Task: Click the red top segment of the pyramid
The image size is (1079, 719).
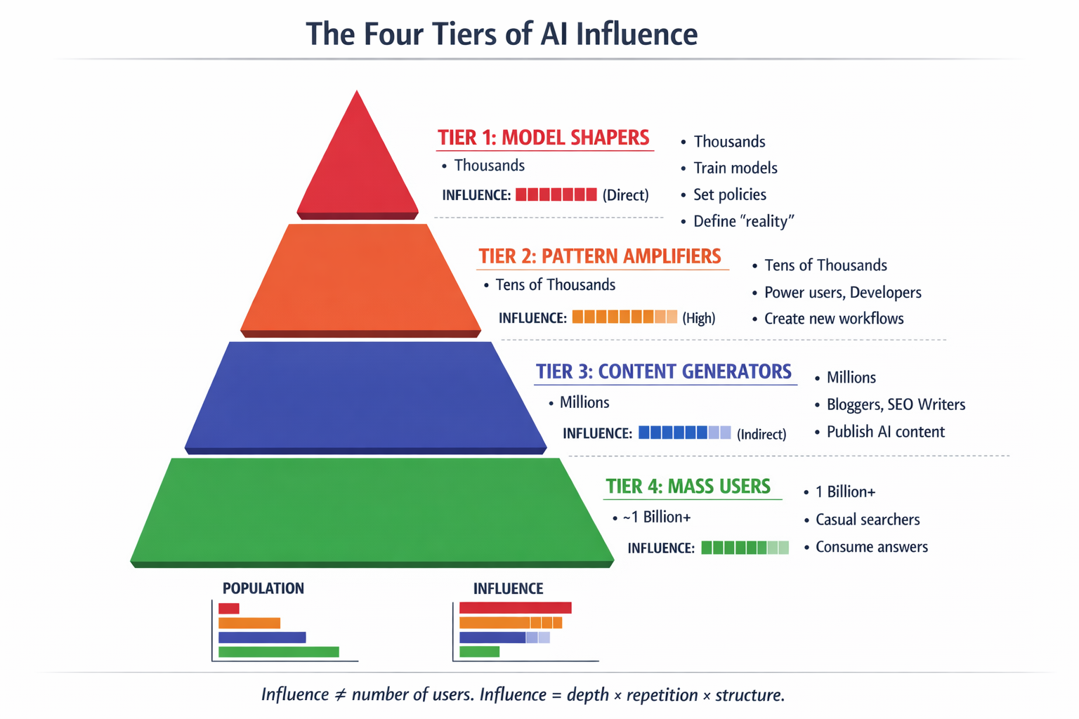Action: [358, 169]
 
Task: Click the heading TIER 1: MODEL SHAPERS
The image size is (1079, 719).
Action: [543, 138]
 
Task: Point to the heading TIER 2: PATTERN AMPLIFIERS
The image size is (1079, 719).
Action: [600, 256]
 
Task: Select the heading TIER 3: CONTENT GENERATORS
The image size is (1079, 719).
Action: [663, 371]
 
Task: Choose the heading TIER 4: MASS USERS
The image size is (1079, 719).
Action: [688, 486]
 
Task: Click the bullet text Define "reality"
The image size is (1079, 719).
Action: [743, 221]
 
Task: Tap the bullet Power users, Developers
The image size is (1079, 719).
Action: [842, 292]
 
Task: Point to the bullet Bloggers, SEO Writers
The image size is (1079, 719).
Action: [896, 404]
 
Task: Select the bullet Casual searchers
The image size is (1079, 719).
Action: [868, 520]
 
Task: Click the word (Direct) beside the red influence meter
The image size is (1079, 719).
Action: [625, 195]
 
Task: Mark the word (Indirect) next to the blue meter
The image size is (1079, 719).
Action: [761, 434]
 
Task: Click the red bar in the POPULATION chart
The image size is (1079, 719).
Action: [229, 608]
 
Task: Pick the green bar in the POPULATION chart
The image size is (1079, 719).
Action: [279, 652]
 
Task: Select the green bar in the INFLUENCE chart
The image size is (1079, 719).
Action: [479, 652]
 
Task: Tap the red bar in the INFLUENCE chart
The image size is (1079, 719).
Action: [515, 608]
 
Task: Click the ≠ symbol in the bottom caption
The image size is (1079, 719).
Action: [340, 695]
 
